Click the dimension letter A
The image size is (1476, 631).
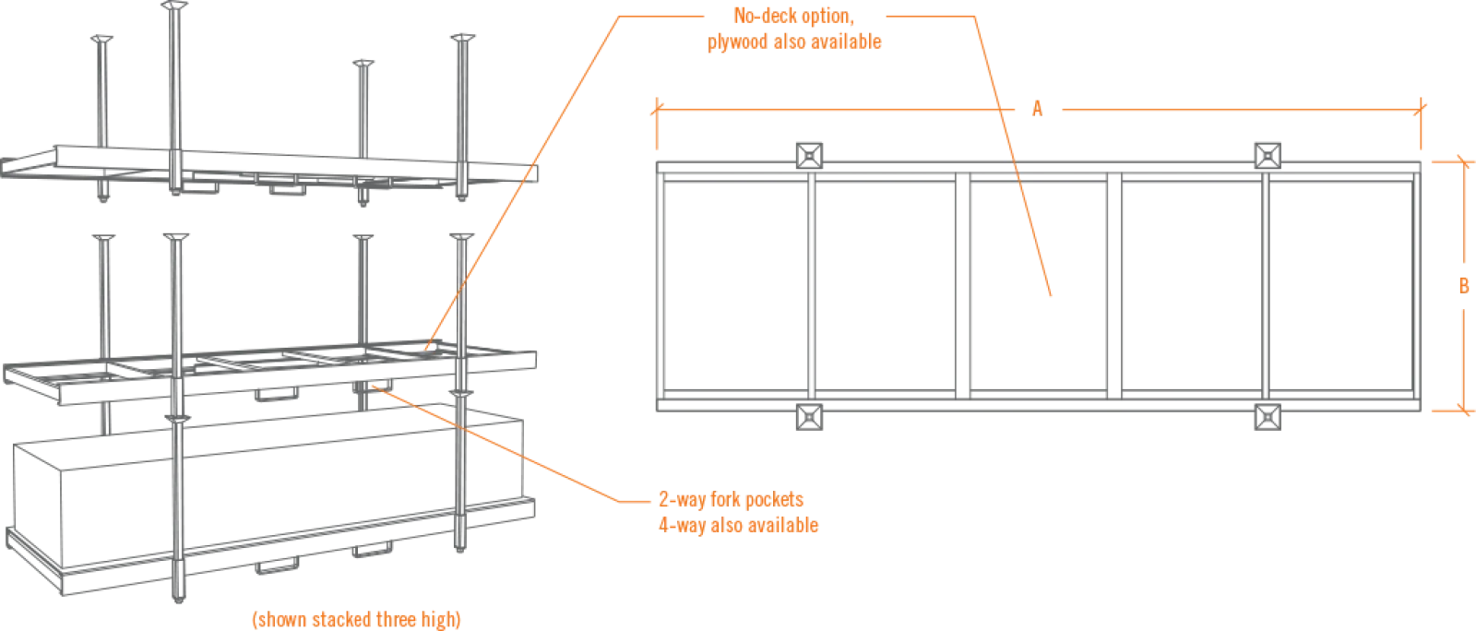pos(1037,109)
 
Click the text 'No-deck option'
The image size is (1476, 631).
pos(794,17)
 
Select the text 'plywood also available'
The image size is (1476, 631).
pos(796,43)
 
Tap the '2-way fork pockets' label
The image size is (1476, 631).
pos(731,500)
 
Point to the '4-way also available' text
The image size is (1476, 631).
pos(738,526)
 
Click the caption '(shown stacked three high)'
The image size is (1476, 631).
pos(363,617)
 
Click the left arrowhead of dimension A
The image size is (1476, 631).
pos(656,109)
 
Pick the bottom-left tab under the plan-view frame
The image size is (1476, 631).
pos(809,422)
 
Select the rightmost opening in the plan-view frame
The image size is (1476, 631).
pos(1347,283)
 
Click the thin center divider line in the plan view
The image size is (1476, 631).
pos(965,283)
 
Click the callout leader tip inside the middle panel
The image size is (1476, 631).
pos(1053,298)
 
